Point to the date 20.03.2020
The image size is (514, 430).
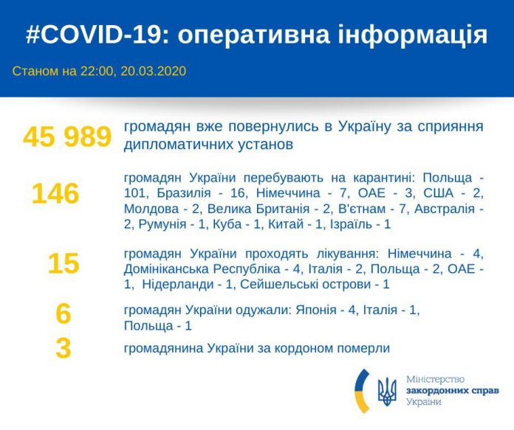[x=154, y=71]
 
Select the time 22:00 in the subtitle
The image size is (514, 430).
[x=97, y=71]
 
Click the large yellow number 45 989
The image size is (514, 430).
[x=67, y=136]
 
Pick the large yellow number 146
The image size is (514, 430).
[x=55, y=194]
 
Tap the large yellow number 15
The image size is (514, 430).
[x=64, y=263]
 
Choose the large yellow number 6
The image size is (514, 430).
[x=64, y=313]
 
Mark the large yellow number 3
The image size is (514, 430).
[x=64, y=348]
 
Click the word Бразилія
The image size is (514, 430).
[x=184, y=193]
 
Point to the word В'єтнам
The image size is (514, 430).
[x=362, y=209]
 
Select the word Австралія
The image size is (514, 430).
[x=445, y=209]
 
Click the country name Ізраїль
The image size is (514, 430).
[x=351, y=224]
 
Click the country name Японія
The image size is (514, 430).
[x=316, y=310]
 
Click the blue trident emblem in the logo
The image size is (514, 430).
[x=387, y=392]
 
